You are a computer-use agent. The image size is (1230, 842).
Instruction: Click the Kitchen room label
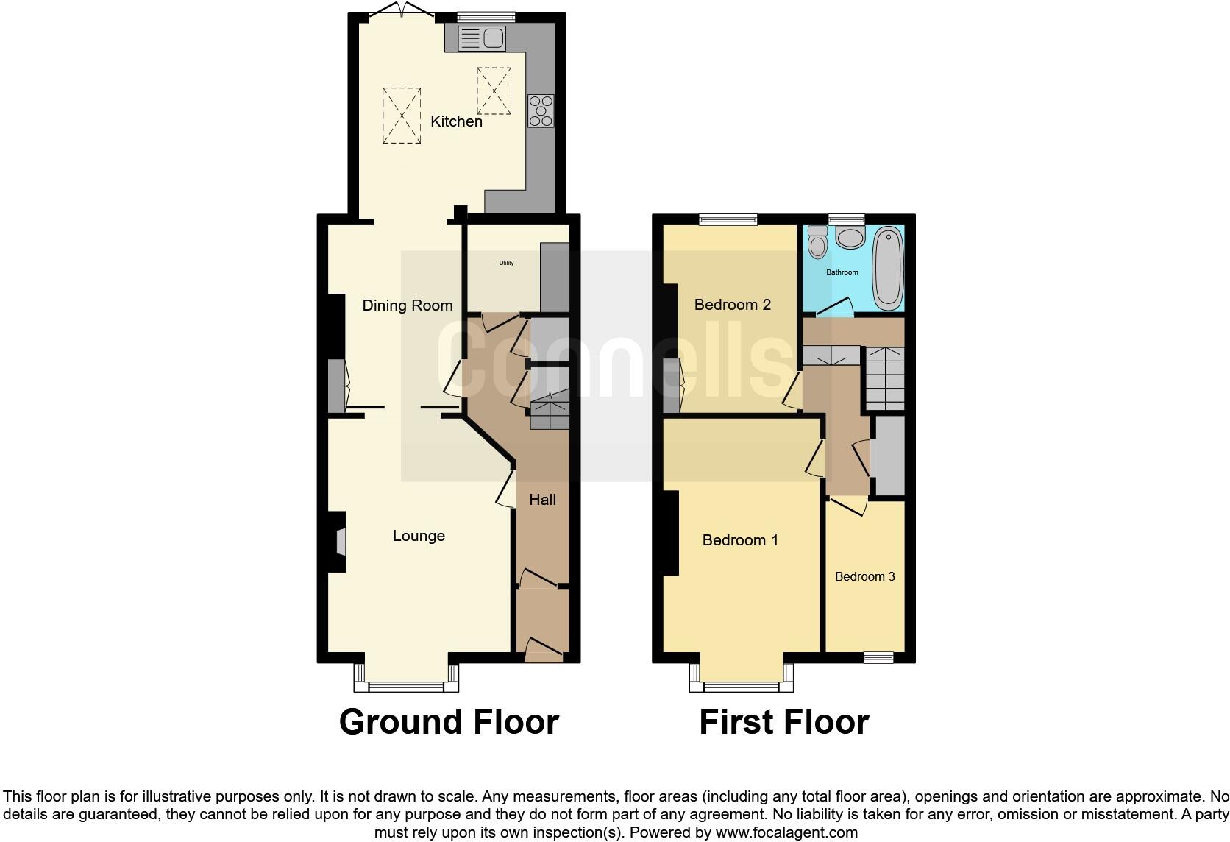click(x=456, y=121)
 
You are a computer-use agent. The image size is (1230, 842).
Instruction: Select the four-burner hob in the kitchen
click(x=541, y=111)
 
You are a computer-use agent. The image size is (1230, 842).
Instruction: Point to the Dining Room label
click(x=407, y=305)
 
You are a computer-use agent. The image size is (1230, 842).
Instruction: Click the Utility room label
click(x=506, y=263)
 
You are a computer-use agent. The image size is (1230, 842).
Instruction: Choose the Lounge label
click(x=419, y=536)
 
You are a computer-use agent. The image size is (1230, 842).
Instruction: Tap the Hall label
click(x=542, y=500)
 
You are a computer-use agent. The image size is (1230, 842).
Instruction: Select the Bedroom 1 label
click(x=740, y=540)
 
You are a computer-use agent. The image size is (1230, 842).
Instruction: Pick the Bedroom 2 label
click(x=732, y=305)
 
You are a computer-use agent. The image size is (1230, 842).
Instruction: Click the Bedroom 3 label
click(x=864, y=576)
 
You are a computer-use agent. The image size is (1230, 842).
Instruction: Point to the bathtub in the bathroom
click(x=888, y=267)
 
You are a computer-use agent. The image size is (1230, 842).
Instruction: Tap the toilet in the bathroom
click(x=817, y=241)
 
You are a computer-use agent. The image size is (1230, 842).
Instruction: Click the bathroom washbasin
click(x=851, y=238)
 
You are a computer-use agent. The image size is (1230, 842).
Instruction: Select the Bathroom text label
click(x=842, y=272)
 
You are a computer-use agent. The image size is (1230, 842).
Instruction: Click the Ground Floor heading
click(x=449, y=722)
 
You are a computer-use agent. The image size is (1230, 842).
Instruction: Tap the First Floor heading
click(x=783, y=722)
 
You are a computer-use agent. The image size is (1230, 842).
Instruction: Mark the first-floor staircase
click(x=884, y=378)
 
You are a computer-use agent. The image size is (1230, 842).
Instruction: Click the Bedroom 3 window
click(x=878, y=657)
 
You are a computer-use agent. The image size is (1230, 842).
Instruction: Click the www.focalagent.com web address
click(x=786, y=833)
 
